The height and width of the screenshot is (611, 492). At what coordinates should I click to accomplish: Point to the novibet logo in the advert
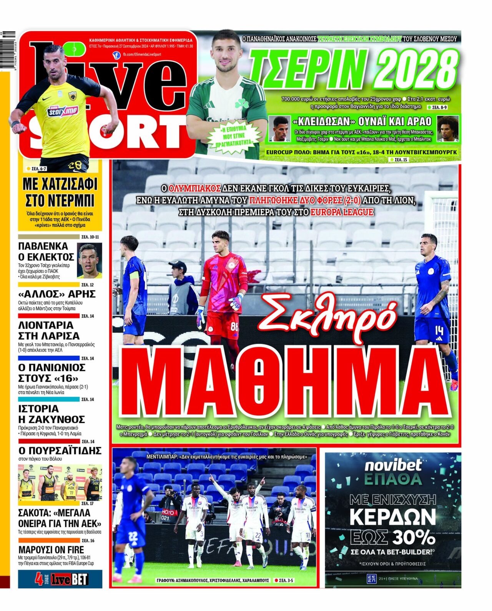(x=393, y=465)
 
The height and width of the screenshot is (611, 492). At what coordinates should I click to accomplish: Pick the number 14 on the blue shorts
(x=439, y=330)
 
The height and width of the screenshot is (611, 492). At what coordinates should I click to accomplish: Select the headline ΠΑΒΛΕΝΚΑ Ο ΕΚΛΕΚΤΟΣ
(x=46, y=251)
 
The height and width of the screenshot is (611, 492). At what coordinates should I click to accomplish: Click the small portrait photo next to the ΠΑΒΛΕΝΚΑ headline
(x=90, y=260)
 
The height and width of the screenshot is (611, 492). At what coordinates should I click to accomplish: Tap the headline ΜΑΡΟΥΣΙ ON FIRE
(x=51, y=549)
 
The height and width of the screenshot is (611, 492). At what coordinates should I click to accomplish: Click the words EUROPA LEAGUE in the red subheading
(x=342, y=212)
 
